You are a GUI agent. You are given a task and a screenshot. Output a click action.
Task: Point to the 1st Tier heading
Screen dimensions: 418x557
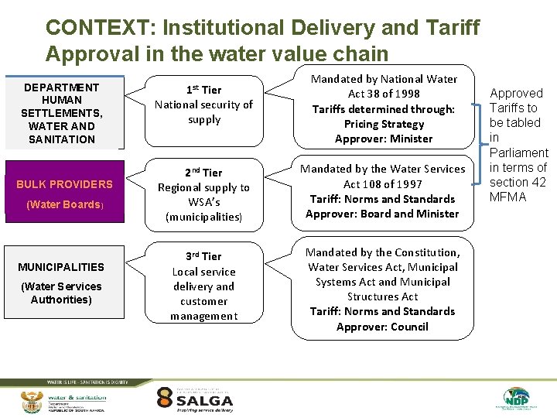(204, 90)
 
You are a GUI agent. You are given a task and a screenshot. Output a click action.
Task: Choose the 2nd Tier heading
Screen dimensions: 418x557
(204, 172)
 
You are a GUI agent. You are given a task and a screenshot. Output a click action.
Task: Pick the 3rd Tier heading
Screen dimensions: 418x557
(204, 255)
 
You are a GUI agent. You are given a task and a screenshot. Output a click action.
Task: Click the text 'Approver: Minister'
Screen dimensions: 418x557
(384, 139)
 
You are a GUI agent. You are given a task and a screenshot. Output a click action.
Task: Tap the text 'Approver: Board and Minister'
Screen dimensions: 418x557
(382, 214)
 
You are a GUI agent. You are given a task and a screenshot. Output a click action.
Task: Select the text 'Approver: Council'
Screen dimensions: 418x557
(382, 327)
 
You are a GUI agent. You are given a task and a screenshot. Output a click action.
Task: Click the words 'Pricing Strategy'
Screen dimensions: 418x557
(384, 124)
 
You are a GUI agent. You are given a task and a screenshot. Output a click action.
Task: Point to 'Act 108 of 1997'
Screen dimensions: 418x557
(382, 183)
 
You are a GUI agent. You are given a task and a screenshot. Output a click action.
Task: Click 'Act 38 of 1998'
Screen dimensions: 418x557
(384, 94)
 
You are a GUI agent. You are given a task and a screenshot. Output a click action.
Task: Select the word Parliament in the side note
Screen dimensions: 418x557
(518, 152)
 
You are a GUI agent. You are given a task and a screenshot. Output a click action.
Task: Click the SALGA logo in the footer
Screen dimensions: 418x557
(195, 399)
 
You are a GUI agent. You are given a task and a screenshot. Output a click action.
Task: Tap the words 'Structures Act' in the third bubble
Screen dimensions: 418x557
(382, 296)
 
